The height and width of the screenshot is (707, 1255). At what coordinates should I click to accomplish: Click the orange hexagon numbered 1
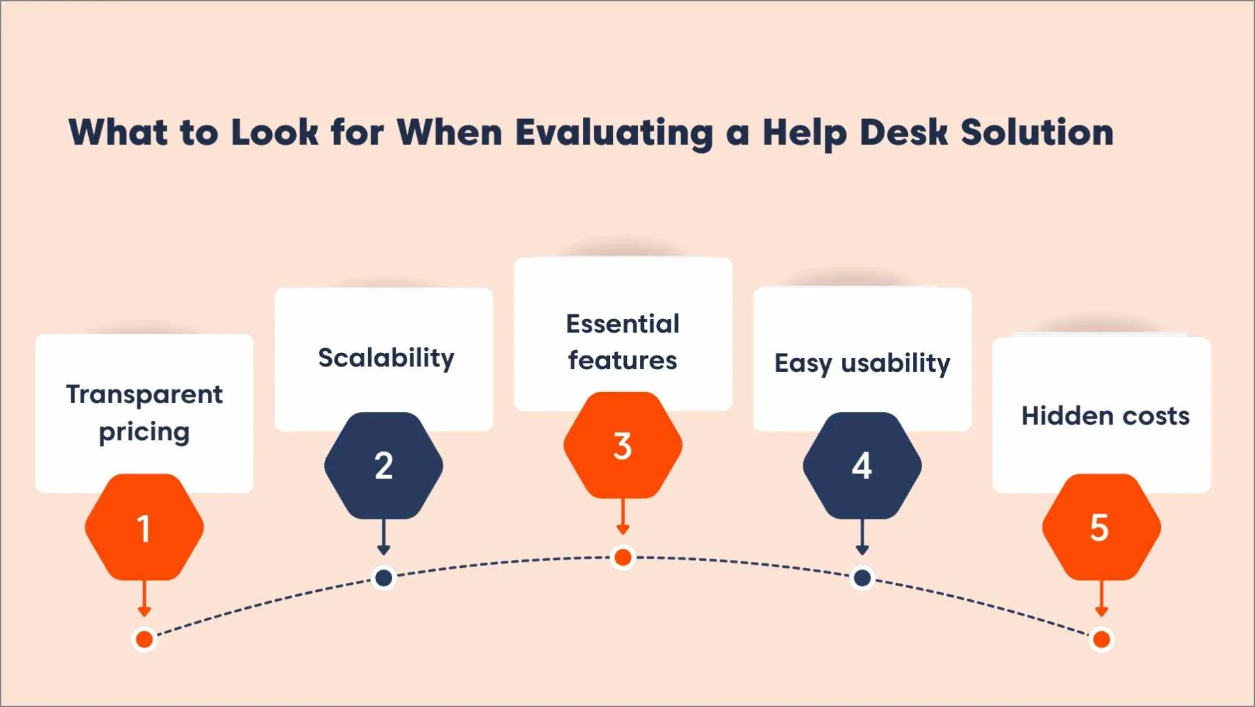pos(144,527)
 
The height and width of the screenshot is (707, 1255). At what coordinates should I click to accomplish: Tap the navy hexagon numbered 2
pos(384,465)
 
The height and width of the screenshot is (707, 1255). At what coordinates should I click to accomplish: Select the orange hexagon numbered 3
pos(623,446)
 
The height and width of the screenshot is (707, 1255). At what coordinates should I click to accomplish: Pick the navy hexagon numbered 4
pos(862,465)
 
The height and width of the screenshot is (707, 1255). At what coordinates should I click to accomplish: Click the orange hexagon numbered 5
pos(1101,527)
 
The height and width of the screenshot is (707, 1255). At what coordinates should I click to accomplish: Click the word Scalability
pos(386,358)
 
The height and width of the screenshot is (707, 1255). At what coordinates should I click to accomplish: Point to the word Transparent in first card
pos(144,394)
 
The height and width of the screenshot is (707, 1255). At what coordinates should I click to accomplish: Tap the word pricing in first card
pos(144,432)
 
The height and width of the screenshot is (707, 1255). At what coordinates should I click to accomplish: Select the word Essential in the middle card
pos(622,323)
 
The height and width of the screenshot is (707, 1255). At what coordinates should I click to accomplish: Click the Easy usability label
pos(862,363)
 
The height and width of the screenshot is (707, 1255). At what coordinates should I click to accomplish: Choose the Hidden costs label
pos(1105,416)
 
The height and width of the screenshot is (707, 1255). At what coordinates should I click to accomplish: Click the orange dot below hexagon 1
pos(144,638)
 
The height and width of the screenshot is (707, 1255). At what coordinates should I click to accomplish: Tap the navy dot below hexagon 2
pos(384,578)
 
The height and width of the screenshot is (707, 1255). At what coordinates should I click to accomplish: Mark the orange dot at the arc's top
pos(623,557)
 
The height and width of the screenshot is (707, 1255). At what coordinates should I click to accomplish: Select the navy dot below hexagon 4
pos(862,578)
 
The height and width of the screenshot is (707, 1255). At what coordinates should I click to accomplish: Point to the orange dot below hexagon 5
pos(1101,638)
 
